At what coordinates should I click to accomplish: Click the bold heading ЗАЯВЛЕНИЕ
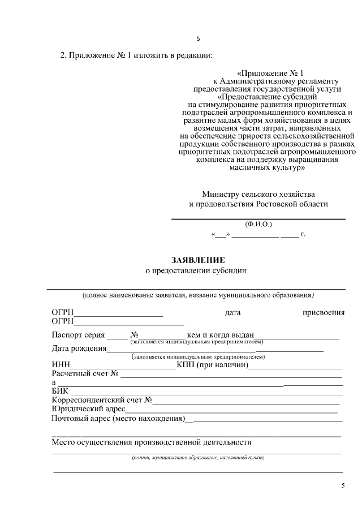pos(199,260)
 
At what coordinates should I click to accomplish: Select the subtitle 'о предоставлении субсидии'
pos(196,271)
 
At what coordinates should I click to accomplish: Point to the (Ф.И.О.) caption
pos(258,224)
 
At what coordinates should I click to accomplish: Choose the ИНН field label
pos(61,365)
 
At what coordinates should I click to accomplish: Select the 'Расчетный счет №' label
pos(85,374)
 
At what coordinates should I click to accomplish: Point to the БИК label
pos(60,391)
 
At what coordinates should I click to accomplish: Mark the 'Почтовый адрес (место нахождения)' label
pos(119,419)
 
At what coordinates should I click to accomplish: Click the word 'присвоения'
pos(324,312)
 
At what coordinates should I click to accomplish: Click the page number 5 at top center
pos(197,39)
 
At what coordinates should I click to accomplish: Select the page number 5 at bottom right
pos(342,486)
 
